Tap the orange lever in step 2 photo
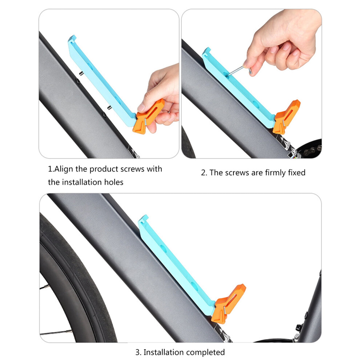[x=286, y=117]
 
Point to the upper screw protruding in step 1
[x=81, y=73]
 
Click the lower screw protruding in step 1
[x=109, y=107]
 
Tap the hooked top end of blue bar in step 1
[x=72, y=39]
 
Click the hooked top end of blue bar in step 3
[x=143, y=219]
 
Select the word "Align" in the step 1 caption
[x=64, y=169]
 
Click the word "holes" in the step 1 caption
[x=114, y=182]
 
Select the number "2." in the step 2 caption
[x=204, y=173]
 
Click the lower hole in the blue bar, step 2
[x=256, y=104]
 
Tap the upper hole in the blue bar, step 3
[x=164, y=248]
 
